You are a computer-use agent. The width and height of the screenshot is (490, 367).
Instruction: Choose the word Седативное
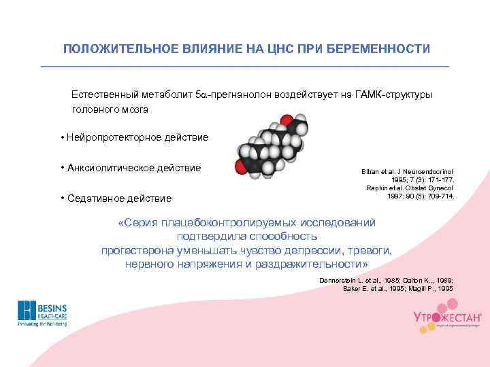(95, 199)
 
